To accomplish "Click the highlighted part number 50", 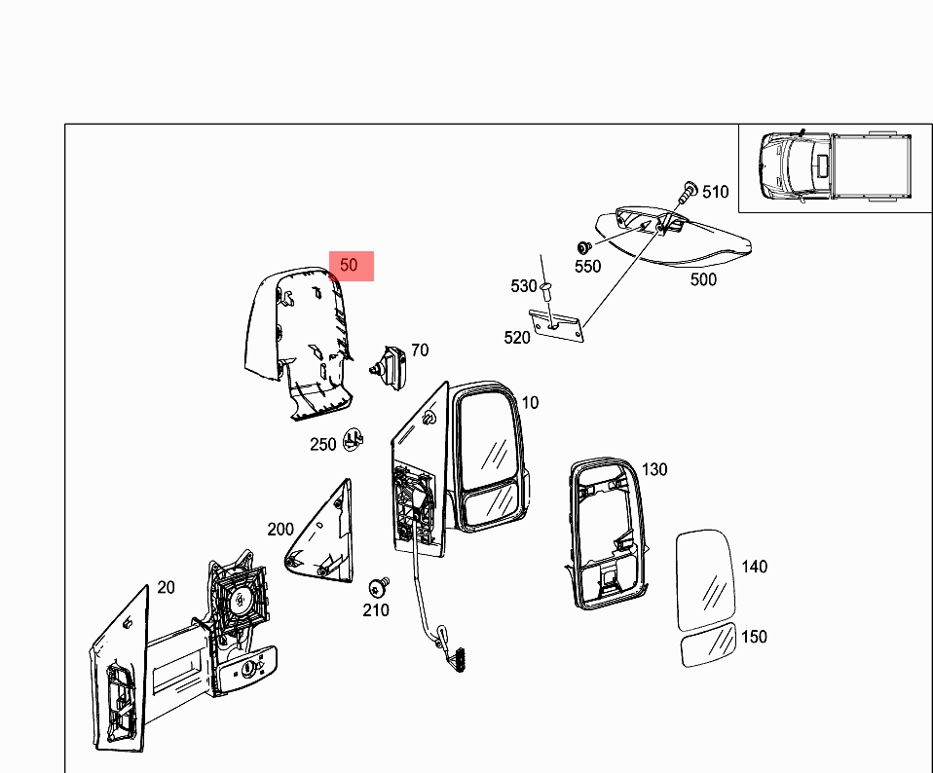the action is pos(349,265).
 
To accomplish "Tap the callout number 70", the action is pos(420,350).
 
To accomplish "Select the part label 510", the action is pos(715,192).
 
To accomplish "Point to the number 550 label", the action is pos(588,267).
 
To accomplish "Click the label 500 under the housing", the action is pos(703,279).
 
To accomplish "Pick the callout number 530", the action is pos(524,286).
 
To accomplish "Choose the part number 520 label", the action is pos(516,338).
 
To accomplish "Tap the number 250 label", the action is pos(323,444).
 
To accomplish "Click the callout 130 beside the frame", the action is pos(654,470).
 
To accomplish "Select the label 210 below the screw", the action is pos(376,610).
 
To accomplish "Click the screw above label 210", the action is pos(379,587).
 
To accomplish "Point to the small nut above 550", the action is pos(583,246).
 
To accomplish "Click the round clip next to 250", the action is pos(355,439).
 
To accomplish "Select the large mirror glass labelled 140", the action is pos(706,580).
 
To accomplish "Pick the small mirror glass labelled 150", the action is pos(709,645).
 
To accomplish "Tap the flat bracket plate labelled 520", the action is pos(557,326).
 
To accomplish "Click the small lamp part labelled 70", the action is pos(390,367).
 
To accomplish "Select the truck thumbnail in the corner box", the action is pos(836,166).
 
